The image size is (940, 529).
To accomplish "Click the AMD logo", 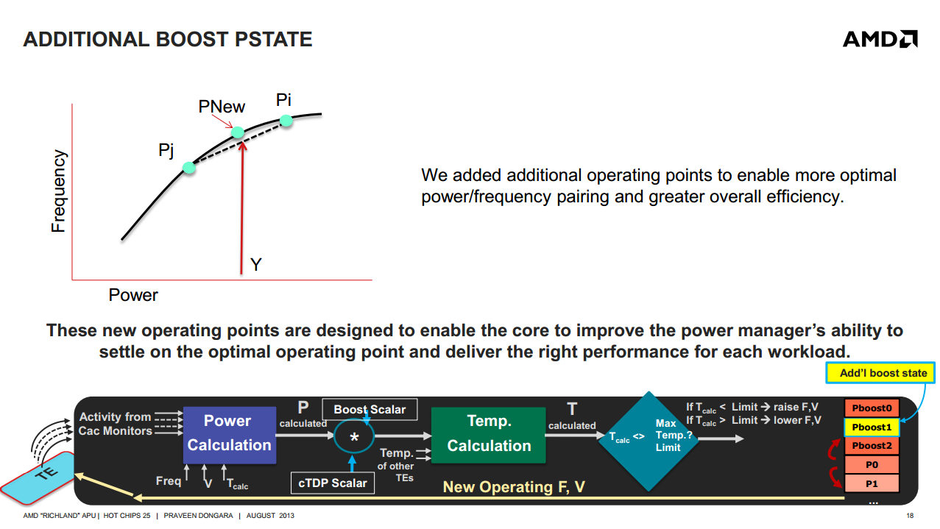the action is click(880, 39).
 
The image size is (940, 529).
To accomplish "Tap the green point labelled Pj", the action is click(189, 168).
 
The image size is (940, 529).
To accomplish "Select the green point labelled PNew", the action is click(238, 132).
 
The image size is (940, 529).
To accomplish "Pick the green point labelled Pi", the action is click(286, 121).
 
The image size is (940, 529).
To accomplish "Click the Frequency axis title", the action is click(58, 191).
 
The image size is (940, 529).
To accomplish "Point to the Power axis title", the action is click(133, 295).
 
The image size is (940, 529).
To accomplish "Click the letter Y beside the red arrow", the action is click(256, 265).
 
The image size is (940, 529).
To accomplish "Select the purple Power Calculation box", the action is click(230, 435).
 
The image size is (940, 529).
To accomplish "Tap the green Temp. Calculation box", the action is click(489, 435).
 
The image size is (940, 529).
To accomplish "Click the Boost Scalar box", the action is click(370, 409).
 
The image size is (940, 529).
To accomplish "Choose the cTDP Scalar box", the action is click(333, 483).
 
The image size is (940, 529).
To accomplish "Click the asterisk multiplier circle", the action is click(354, 437).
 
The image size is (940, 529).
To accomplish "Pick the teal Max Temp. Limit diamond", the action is click(649, 441).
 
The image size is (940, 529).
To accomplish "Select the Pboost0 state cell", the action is click(872, 408).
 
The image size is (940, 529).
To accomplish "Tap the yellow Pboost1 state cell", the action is click(872, 427).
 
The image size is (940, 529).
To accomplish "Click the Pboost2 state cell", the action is click(872, 446).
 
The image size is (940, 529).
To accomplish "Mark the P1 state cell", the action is click(872, 483).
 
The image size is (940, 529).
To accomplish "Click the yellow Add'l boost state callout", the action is click(880, 372).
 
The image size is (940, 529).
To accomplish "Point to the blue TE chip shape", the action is click(38, 477).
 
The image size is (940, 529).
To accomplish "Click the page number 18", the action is click(910, 516).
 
